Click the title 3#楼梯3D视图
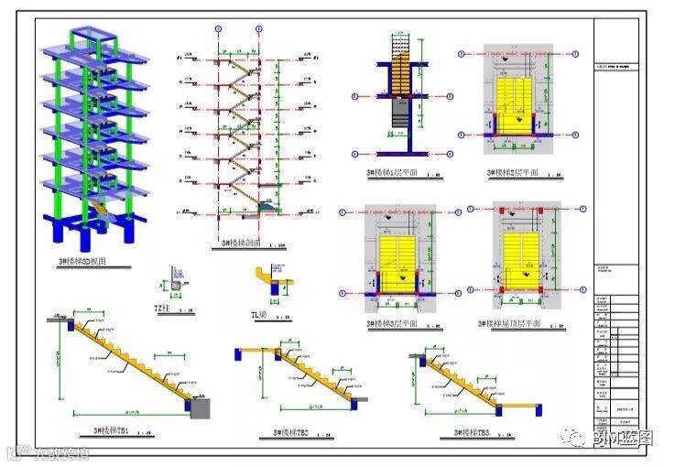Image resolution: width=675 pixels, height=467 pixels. (x=82, y=262)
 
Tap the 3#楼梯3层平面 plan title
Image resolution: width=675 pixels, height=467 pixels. (x=392, y=323)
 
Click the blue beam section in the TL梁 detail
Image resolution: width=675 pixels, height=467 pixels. (x=276, y=290)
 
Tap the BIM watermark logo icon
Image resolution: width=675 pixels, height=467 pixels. (x=577, y=439)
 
